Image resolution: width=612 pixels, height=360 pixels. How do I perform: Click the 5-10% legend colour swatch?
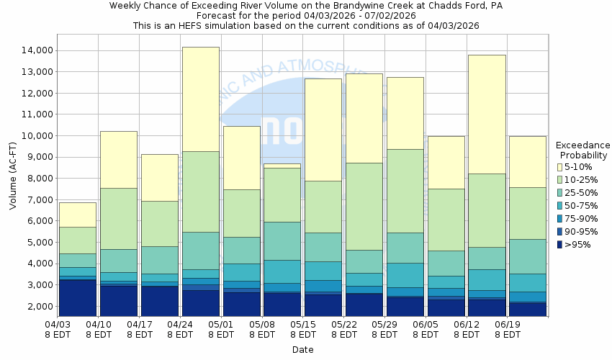click(559, 167)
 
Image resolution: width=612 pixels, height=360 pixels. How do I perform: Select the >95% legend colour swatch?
click(559, 245)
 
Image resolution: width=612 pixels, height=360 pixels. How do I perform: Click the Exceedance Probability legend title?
click(584, 150)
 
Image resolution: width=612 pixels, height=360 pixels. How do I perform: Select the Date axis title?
click(302, 350)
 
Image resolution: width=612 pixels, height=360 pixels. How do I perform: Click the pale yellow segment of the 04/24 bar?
click(200, 99)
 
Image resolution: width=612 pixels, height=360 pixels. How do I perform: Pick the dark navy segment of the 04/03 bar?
click(77, 297)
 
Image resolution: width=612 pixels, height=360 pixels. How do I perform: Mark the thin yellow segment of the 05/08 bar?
click(282, 166)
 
